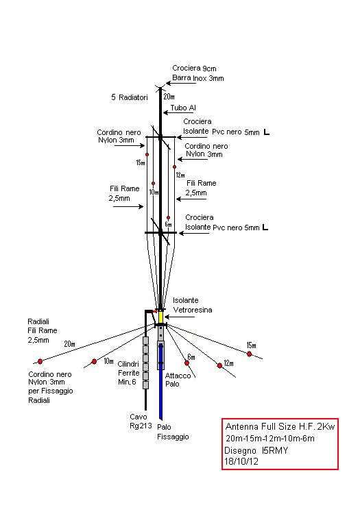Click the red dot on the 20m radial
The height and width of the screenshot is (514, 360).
[40, 362]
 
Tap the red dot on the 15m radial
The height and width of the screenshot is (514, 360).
[250, 354]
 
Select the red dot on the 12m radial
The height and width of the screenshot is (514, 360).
[219, 365]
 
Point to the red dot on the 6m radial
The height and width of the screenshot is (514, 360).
[187, 363]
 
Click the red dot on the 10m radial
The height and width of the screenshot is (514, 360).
[94, 362]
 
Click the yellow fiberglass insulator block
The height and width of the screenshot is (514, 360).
[160, 317]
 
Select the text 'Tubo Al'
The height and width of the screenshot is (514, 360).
[183, 108]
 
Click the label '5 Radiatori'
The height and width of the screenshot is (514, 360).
[130, 97]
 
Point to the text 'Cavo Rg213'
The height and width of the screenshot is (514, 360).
[141, 421]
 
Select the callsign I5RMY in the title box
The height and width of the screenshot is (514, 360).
[275, 451]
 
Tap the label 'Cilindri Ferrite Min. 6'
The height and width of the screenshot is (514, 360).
[128, 373]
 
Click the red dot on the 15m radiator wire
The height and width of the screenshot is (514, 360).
[147, 154]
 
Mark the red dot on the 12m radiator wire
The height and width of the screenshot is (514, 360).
[174, 167]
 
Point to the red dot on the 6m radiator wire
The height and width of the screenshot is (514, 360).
[168, 218]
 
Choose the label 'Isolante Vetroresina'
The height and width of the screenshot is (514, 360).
[193, 305]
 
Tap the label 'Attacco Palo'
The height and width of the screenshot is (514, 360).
[178, 380]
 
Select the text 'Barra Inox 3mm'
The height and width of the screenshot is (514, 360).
[198, 78]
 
